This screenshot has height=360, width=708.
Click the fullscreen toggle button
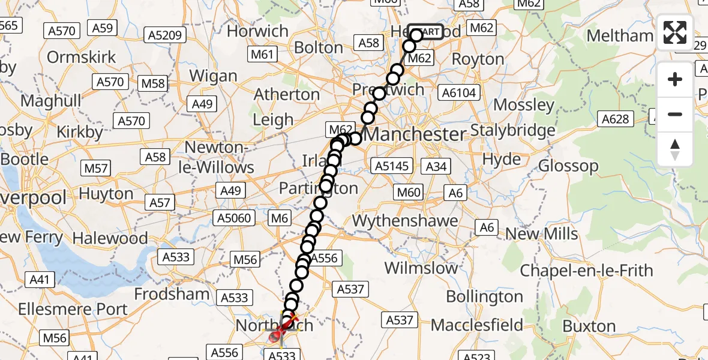point(675,32)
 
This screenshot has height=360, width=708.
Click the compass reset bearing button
point(675,149)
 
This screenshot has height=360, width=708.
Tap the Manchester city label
point(415,134)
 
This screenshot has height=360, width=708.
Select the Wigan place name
point(214,76)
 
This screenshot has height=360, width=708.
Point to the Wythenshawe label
point(405,221)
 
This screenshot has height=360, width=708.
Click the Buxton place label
point(589,326)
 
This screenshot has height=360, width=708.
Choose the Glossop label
point(569,166)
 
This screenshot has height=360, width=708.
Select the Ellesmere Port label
point(73,310)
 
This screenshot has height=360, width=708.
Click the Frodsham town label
point(172,295)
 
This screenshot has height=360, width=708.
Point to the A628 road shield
point(615,119)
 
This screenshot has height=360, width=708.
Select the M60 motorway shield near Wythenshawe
point(409,193)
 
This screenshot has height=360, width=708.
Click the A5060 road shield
point(235,218)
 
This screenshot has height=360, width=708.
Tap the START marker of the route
point(426,32)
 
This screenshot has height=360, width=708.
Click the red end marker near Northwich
point(276,337)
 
